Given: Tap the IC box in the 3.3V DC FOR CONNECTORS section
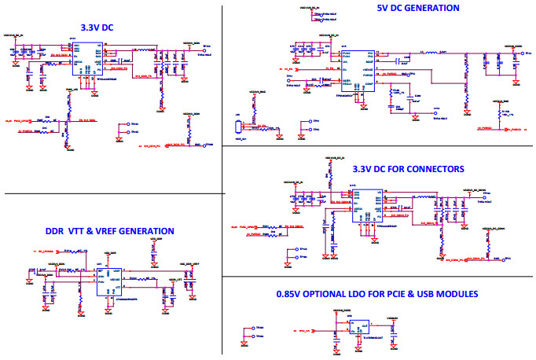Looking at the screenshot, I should click(x=368, y=205).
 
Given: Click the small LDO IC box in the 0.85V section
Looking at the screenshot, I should click(x=363, y=326).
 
